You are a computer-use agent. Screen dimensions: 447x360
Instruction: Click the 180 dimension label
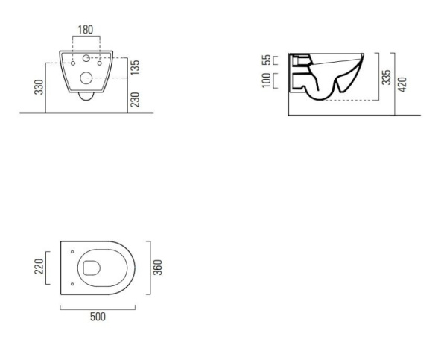pos(86,29)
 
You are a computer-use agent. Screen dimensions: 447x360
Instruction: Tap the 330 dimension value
pos(39,87)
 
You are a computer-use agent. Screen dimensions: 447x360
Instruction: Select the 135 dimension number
pos(135,67)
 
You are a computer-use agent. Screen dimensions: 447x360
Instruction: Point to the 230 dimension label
pos(135,100)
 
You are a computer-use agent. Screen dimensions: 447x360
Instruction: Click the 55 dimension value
pos(267,60)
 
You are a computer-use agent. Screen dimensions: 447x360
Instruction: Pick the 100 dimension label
pos(267,80)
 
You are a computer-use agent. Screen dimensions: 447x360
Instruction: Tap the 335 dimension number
pos(387,77)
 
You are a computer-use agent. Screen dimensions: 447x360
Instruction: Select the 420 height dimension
pos(402,84)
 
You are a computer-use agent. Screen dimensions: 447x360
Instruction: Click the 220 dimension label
pos(39,266)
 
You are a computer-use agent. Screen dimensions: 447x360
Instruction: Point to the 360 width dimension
pos(158,268)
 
